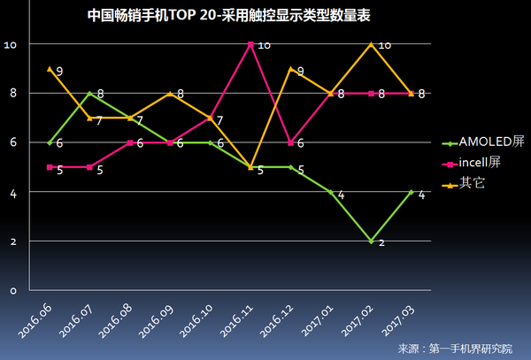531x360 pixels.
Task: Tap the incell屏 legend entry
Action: [x=475, y=163]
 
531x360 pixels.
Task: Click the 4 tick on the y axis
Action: [x=12, y=192]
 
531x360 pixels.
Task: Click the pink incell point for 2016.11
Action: [x=251, y=44]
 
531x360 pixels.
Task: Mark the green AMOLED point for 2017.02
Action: [x=371, y=241]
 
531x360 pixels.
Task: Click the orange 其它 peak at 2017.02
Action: [x=371, y=44]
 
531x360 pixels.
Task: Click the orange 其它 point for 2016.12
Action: [x=291, y=69]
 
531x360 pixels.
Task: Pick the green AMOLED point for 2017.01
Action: [x=331, y=192]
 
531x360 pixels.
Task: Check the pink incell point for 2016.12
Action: [x=291, y=142]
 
